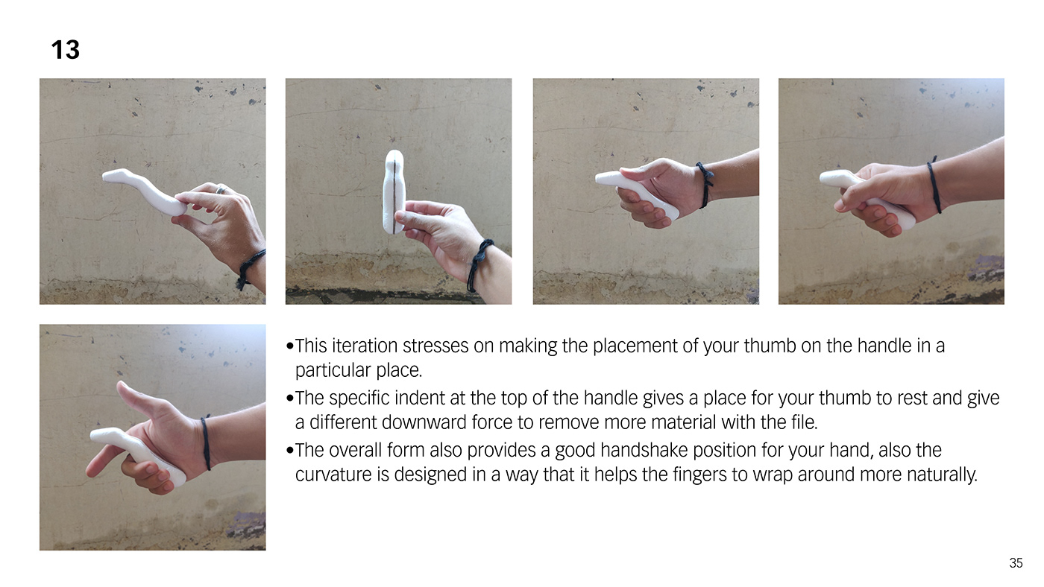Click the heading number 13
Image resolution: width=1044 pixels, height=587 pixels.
[x=66, y=49]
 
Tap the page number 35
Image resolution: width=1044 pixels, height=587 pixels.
[x=1016, y=563]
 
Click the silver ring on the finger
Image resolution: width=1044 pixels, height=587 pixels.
[x=221, y=189]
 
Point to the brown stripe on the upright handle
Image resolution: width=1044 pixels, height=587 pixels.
[x=394, y=195]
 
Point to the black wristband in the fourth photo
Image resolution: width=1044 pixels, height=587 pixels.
[x=934, y=185]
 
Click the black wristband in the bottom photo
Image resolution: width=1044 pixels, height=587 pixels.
[x=206, y=442]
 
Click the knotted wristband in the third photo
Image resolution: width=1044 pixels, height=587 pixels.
[x=705, y=184]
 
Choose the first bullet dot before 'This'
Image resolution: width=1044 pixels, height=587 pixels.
[x=290, y=346]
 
